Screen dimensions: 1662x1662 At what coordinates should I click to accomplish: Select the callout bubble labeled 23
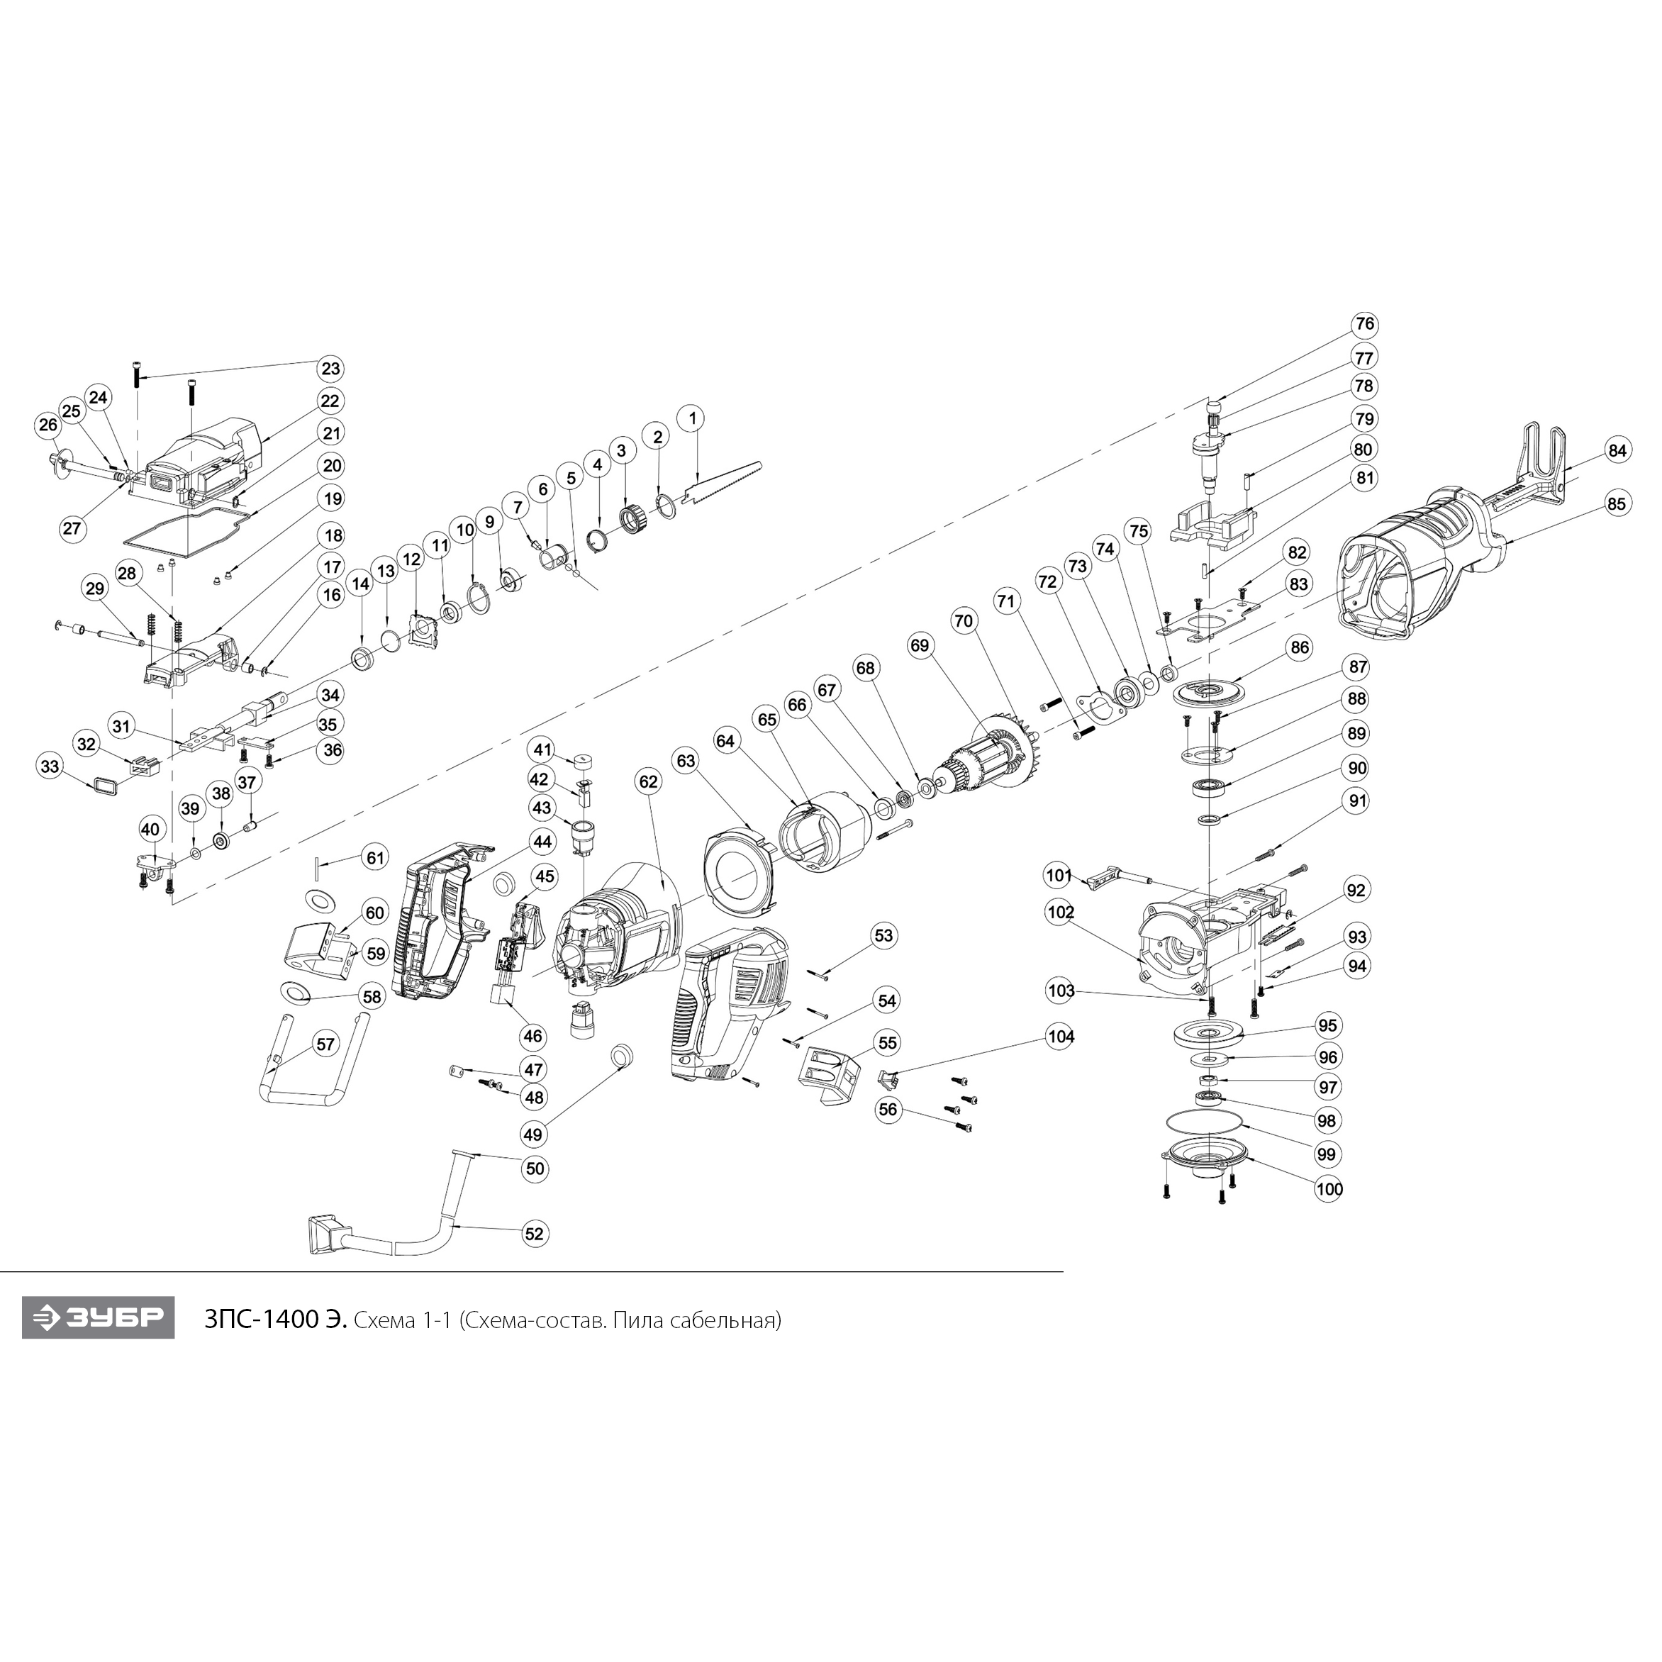330,369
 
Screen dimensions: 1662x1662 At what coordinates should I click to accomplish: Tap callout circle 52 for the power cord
534,1234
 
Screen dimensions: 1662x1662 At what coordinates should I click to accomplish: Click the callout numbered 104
1061,1037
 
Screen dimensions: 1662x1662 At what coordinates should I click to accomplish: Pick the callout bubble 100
1329,1190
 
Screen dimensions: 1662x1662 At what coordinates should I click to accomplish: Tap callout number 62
648,781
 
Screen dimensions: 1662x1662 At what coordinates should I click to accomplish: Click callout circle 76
1364,324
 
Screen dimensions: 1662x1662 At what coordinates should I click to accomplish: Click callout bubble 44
542,842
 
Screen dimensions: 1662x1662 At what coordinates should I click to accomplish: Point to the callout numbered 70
963,621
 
